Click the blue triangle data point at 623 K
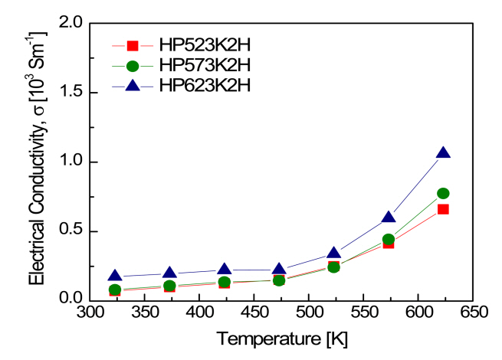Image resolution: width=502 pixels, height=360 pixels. pos(443,153)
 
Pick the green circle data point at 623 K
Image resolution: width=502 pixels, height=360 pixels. pos(443,194)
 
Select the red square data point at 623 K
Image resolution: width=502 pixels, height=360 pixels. pos(443,209)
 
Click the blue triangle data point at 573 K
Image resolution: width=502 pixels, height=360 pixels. pos(389,218)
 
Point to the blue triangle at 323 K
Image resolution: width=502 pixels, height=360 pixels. pos(115,276)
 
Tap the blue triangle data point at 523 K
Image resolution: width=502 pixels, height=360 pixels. pos(334,254)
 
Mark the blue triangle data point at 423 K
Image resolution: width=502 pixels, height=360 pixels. pos(225,269)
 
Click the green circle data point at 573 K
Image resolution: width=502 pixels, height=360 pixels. pos(389,240)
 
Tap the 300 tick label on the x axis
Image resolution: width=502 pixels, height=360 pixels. pos(90,314)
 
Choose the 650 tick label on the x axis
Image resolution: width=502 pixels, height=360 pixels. pos(473,314)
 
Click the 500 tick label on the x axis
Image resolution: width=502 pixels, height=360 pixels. pos(309,314)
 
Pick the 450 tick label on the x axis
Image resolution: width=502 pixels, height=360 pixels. pos(254,314)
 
